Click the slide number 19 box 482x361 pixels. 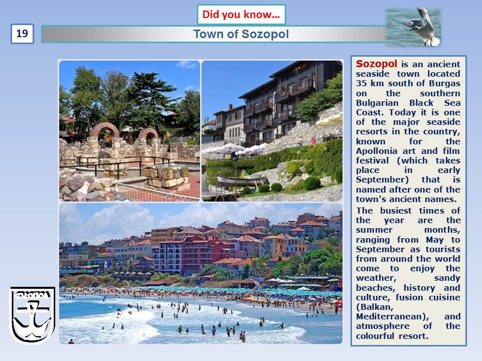pyautogui.click(x=22, y=34)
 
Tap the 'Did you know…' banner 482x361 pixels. pyautogui.click(x=242, y=15)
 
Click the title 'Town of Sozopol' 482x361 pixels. pyautogui.click(x=241, y=34)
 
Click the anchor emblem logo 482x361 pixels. pyautogui.click(x=32, y=315)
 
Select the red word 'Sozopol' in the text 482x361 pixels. pyautogui.click(x=377, y=64)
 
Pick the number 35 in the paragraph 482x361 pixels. pyautogui.click(x=361, y=84)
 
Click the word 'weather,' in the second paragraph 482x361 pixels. pyautogui.click(x=376, y=278)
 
